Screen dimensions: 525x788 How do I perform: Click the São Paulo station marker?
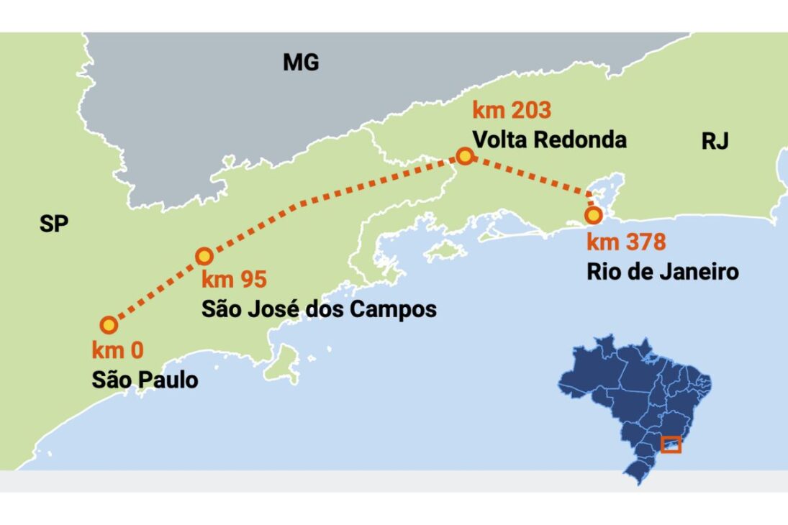(x=109, y=325)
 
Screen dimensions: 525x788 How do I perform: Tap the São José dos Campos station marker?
(x=204, y=256)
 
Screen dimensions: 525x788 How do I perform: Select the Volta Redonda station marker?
(x=465, y=156)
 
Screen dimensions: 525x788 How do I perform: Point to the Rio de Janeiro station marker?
(x=593, y=215)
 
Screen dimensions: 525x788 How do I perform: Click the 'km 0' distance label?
(x=117, y=351)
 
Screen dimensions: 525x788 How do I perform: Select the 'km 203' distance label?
(x=511, y=111)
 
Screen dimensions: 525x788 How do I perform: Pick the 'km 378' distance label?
(x=625, y=242)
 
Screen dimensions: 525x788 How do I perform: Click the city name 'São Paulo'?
(x=145, y=380)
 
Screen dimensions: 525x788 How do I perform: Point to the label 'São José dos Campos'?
(x=319, y=309)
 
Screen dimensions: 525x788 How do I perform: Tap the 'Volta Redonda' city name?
(x=548, y=140)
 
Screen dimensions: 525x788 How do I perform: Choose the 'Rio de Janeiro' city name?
(x=662, y=273)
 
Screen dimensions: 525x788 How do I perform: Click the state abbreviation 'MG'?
(x=301, y=63)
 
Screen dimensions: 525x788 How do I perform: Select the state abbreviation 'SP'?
(x=54, y=225)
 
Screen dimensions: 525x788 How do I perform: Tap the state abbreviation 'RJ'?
(x=715, y=142)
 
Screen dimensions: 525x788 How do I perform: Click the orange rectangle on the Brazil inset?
(x=671, y=444)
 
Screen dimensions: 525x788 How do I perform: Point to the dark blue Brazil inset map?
(x=633, y=396)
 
